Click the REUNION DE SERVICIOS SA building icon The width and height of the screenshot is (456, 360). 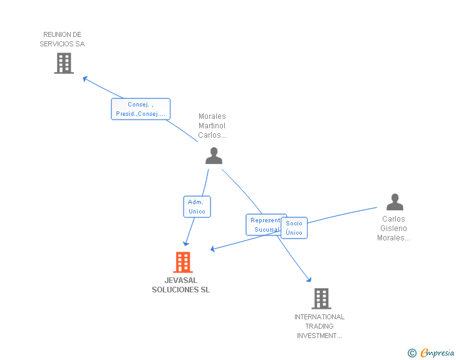pos(64,63)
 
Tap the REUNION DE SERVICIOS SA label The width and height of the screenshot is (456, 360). pos(62,39)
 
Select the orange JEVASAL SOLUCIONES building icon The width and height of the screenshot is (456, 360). pos(182,262)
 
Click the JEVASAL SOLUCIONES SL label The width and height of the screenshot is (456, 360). pos(181,285)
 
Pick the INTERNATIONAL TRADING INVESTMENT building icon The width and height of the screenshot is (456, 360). pos(321,299)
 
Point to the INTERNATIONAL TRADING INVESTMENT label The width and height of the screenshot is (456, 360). pos(319,326)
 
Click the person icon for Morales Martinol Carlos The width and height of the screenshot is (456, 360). pos(214,156)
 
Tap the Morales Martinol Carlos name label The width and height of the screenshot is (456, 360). pos(212,126)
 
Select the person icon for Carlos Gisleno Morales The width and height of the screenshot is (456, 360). pos(395,202)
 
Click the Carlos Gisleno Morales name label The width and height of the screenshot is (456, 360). pos(393,229)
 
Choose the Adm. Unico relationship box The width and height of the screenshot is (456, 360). pos(197,207)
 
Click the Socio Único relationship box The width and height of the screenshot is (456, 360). pos(294,228)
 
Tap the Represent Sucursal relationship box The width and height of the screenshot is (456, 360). pos(265,225)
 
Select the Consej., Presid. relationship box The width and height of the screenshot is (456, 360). pos(140,109)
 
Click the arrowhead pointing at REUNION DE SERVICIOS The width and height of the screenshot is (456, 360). pos(85,78)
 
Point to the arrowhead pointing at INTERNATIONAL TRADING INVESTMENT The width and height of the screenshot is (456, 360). pos(308,279)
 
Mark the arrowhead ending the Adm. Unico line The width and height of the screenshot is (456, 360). pos(185,243)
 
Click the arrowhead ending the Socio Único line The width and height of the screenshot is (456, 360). pos(214,249)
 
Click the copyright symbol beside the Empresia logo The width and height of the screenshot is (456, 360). pos(412,353)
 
